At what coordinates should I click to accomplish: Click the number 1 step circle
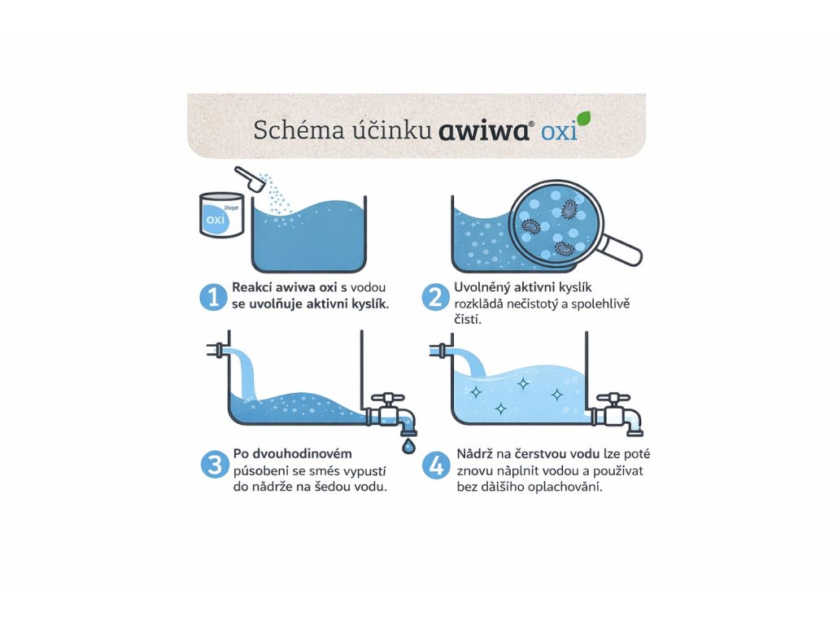(214, 297)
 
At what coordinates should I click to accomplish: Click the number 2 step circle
(436, 297)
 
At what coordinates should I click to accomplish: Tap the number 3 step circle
(215, 465)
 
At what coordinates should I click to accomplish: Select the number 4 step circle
(436, 465)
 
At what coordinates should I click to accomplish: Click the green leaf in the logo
(584, 119)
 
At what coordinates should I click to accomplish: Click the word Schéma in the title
(299, 130)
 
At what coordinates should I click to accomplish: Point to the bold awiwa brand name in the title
(483, 130)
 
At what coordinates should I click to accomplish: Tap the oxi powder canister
(221, 215)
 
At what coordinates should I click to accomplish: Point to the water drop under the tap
(408, 446)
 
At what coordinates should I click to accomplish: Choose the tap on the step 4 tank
(617, 414)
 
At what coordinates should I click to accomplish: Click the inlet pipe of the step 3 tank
(219, 350)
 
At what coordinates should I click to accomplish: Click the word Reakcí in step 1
(252, 287)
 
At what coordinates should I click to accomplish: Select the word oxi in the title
(559, 132)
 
